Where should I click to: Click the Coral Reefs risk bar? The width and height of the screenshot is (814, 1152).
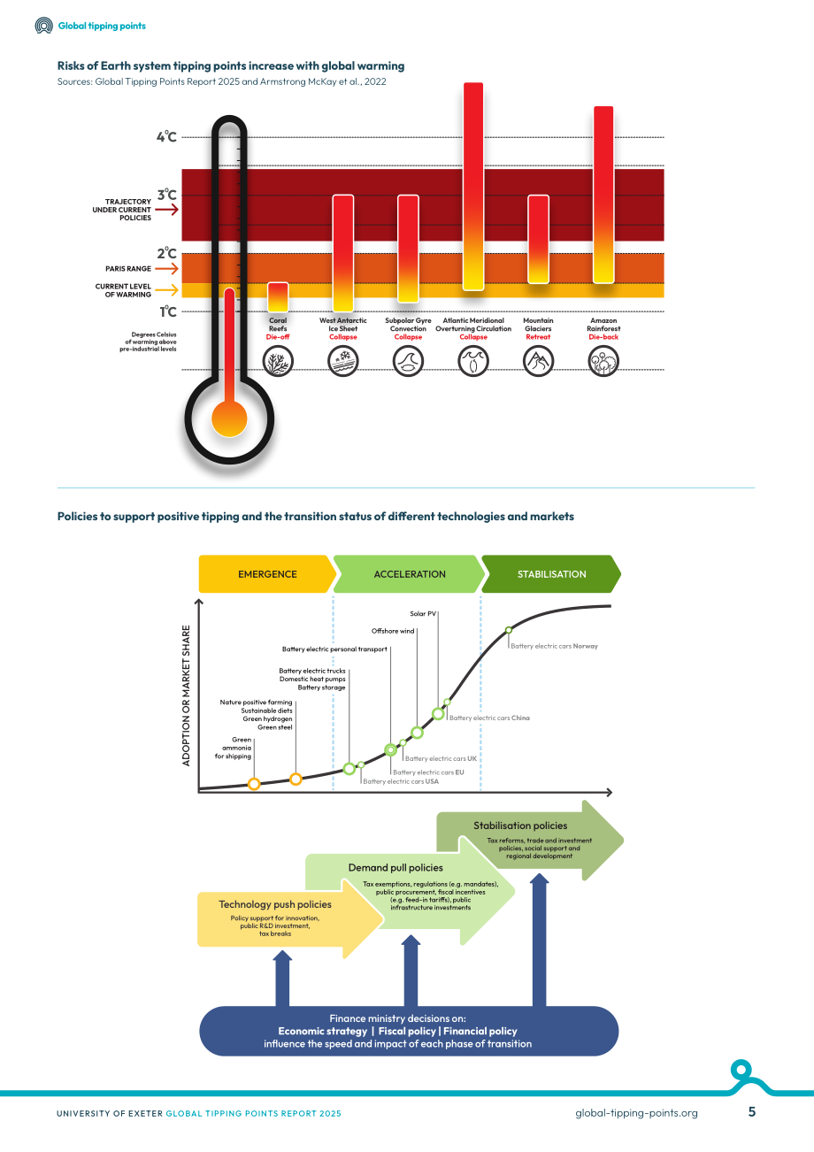coord(278,296)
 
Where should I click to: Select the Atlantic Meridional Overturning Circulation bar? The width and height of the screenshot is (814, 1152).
coord(473,186)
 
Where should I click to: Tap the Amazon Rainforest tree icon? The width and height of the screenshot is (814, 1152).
coord(603,360)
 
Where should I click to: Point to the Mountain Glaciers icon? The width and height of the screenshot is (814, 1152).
coord(538,360)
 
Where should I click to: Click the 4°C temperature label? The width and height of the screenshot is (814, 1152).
coord(166,137)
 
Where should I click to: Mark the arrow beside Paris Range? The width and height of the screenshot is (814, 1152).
coord(166,268)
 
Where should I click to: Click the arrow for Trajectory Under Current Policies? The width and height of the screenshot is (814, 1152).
coord(166,210)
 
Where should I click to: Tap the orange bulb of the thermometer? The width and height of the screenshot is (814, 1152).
coord(229,419)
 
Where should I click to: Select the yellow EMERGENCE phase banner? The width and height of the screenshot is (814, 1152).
coord(267,574)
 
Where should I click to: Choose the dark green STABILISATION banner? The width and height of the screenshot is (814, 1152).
coord(551,574)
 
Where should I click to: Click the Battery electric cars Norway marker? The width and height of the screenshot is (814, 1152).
coord(509,630)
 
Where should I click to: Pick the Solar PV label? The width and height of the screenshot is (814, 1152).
coord(423,613)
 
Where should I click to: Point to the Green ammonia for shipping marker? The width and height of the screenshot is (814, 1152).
coord(254,784)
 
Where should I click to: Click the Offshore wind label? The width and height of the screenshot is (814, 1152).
coord(393,631)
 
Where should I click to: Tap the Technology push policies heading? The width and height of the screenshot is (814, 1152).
coord(275,904)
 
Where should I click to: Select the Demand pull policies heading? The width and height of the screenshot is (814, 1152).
coord(395,868)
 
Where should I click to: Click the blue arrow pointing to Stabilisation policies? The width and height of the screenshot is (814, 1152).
coord(539,940)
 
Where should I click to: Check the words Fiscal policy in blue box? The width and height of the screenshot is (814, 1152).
coord(407,1031)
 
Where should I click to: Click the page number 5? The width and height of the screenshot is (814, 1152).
coord(752,1112)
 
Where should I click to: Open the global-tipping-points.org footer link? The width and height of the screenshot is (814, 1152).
coord(636,1113)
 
